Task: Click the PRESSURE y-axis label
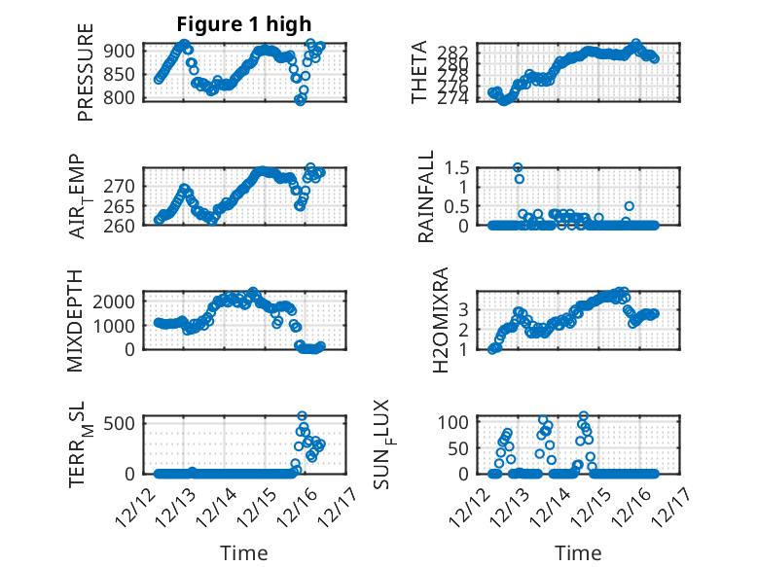point(86,73)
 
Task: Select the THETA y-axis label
point(419,73)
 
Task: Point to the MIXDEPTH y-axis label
point(76,320)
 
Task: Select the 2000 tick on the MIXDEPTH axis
point(117,301)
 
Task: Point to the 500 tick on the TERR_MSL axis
point(126,424)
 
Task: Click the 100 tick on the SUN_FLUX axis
point(460,422)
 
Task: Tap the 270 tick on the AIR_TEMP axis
point(126,185)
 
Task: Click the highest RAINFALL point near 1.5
point(519,167)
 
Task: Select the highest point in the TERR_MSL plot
point(302,416)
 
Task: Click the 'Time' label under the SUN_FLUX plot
point(578,553)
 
